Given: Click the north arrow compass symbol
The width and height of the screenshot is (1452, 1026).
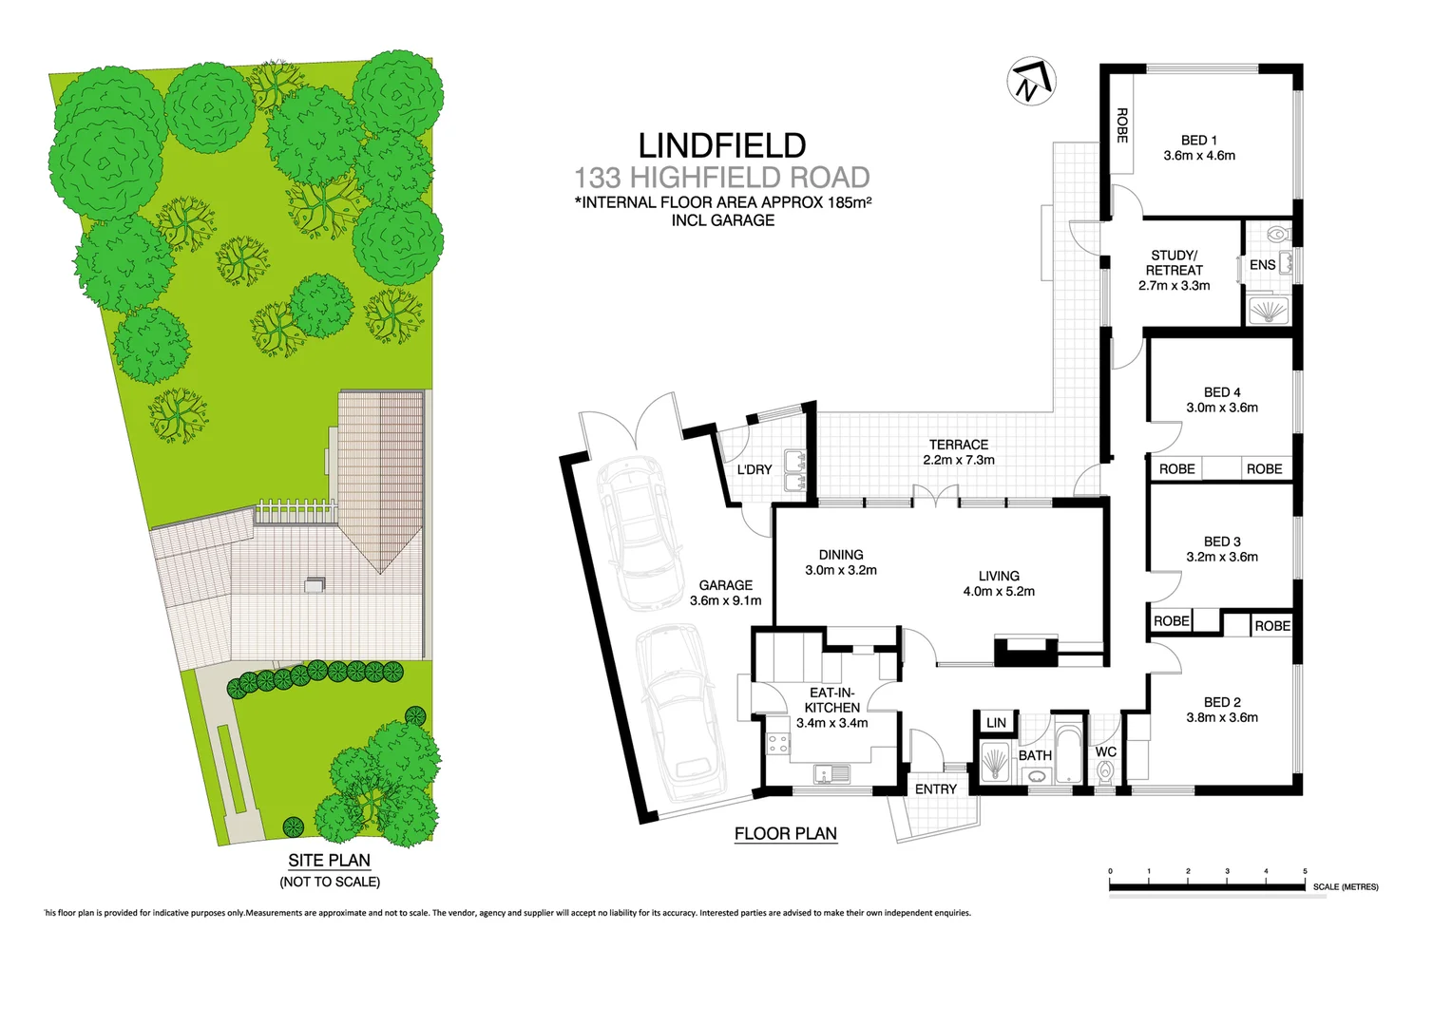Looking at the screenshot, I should click(1031, 82).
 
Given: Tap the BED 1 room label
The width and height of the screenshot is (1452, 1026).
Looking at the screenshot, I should click(1198, 140).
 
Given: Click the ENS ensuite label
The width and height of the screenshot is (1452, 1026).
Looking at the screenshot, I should click(1262, 265).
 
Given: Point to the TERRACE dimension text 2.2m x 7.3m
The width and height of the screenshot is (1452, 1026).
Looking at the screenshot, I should click(958, 460).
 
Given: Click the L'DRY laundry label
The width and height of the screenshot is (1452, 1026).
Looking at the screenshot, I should click(755, 469).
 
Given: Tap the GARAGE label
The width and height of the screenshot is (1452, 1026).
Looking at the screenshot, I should click(725, 585).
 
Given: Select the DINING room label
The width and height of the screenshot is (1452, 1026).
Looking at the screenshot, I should click(841, 555).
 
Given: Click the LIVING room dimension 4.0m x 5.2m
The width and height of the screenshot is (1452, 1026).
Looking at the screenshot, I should click(999, 591).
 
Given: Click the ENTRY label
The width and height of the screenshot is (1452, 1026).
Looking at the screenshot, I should click(936, 789).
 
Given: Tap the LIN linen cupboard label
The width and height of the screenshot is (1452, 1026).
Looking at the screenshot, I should click(996, 723).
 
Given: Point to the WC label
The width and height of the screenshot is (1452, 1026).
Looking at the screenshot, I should click(1106, 751).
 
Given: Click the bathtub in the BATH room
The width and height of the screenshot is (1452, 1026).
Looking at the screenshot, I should click(1068, 756).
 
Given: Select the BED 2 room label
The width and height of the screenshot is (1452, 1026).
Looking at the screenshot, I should click(1222, 702).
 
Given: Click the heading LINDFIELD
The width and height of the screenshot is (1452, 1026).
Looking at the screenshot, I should click(722, 145).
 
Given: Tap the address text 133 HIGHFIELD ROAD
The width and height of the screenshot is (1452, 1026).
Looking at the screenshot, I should click(722, 178).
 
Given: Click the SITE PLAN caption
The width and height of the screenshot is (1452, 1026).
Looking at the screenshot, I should click(330, 861).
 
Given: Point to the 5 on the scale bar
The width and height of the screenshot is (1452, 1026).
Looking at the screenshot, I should click(1305, 871).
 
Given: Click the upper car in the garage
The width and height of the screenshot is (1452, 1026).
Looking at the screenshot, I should click(638, 532).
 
